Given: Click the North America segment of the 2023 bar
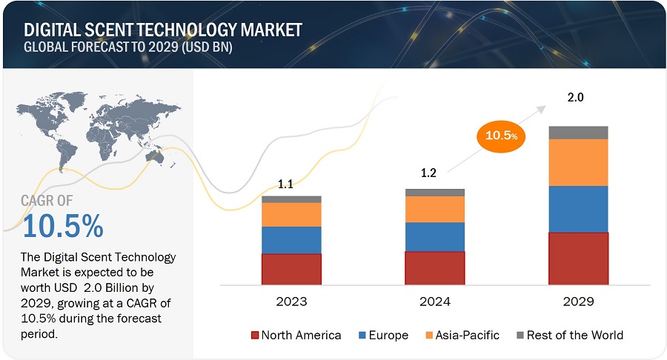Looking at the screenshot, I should click(291, 269).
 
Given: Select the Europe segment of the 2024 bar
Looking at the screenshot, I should click(434, 237).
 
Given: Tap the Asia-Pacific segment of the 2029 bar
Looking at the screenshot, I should click(578, 162).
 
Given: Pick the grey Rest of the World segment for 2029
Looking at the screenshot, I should click(578, 133).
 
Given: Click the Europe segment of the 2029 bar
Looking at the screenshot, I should click(578, 209).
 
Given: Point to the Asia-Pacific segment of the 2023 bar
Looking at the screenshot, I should click(291, 215).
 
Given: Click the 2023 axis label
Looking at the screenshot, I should click(291, 301).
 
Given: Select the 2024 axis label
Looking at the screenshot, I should click(434, 301).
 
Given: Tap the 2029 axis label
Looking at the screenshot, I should click(578, 301).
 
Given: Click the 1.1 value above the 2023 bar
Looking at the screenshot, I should click(285, 184).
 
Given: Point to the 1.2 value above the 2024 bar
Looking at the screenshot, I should click(428, 175).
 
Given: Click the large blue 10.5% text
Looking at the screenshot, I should click(62, 227).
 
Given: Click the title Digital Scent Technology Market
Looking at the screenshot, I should click(163, 30).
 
